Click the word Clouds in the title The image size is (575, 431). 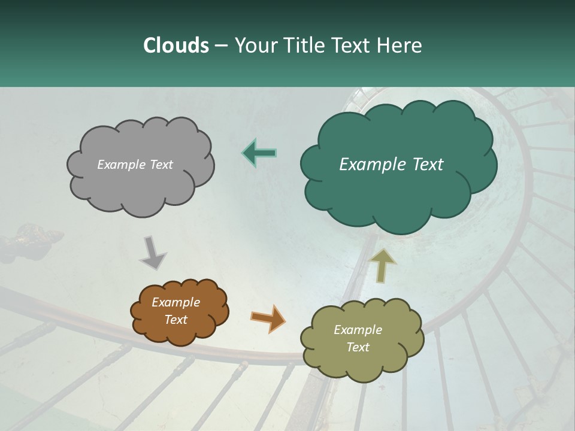click(175, 45)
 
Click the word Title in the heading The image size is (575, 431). click(305, 45)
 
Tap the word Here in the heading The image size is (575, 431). click(400, 45)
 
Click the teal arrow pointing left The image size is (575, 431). click(259, 153)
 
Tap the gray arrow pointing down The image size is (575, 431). click(153, 252)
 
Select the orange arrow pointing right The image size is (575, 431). click(268, 318)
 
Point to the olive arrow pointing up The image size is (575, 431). click(383, 265)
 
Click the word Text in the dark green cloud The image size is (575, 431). click(427, 165)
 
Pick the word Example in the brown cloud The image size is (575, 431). click(176, 302)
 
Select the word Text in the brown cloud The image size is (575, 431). click(176, 320)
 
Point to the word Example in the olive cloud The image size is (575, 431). click(358, 330)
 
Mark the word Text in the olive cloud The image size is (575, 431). click(358, 347)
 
